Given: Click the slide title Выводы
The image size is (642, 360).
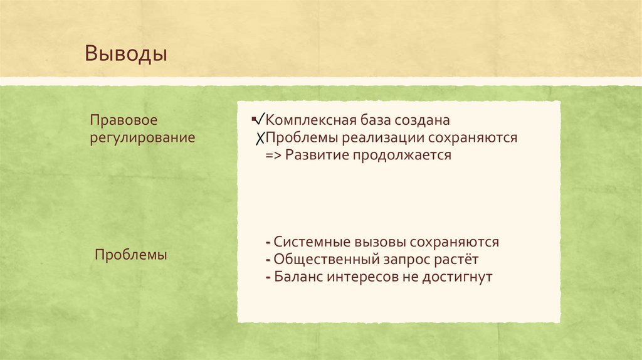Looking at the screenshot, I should [x=126, y=53].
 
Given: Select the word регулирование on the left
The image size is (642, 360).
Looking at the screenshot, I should [x=142, y=137].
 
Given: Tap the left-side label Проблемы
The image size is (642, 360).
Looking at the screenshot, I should [x=130, y=256].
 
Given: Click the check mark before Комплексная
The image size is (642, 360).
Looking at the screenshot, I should [x=258, y=118].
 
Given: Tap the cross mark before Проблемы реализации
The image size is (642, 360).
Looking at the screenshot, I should [x=258, y=138].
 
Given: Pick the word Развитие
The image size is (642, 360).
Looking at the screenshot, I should [x=314, y=155].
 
